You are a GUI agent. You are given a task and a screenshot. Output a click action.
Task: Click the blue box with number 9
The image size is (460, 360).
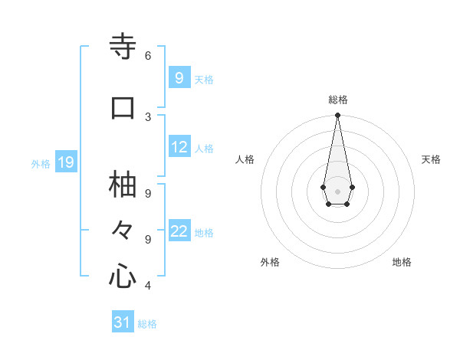coord(179,77)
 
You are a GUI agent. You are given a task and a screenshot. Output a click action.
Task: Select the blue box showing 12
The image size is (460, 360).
coord(180,147)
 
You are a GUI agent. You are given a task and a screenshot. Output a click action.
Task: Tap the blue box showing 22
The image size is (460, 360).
coord(180,231)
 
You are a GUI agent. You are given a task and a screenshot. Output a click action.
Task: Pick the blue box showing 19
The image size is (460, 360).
coord(65,162)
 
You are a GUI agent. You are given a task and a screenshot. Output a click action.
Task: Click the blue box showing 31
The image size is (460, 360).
coord(123,322)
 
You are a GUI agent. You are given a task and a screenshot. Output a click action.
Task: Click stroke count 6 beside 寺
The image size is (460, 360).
coord(148,55)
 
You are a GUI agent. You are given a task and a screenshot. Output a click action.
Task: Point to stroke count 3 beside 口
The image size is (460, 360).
coord(148,116)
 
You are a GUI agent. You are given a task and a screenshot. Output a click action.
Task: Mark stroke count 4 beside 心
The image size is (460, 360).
coord(148,286)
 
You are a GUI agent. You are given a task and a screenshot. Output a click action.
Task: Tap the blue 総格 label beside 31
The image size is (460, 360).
coord(147,324)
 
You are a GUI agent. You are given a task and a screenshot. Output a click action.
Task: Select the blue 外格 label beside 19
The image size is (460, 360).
coord(41,164)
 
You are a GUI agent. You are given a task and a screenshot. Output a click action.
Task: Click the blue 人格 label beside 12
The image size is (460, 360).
coord(204,149)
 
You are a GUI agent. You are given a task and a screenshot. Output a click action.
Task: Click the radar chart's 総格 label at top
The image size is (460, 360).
coord(338,100)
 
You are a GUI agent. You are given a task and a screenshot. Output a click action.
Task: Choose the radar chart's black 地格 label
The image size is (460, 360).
coord(402,262)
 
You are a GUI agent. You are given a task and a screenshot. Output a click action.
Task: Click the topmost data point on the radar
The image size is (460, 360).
coord(337,116)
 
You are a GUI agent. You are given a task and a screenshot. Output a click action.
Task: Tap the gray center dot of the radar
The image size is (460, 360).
coord(337,190)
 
